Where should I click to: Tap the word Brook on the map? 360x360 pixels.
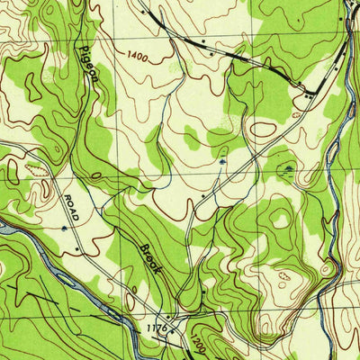tap(150, 260)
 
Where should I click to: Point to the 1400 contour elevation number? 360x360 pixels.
tap(137, 56)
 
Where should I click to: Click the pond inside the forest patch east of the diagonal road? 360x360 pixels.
tap(287, 167)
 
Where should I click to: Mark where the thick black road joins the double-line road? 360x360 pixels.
tap(310, 90)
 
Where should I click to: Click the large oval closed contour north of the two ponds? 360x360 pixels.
tap(263, 129)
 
